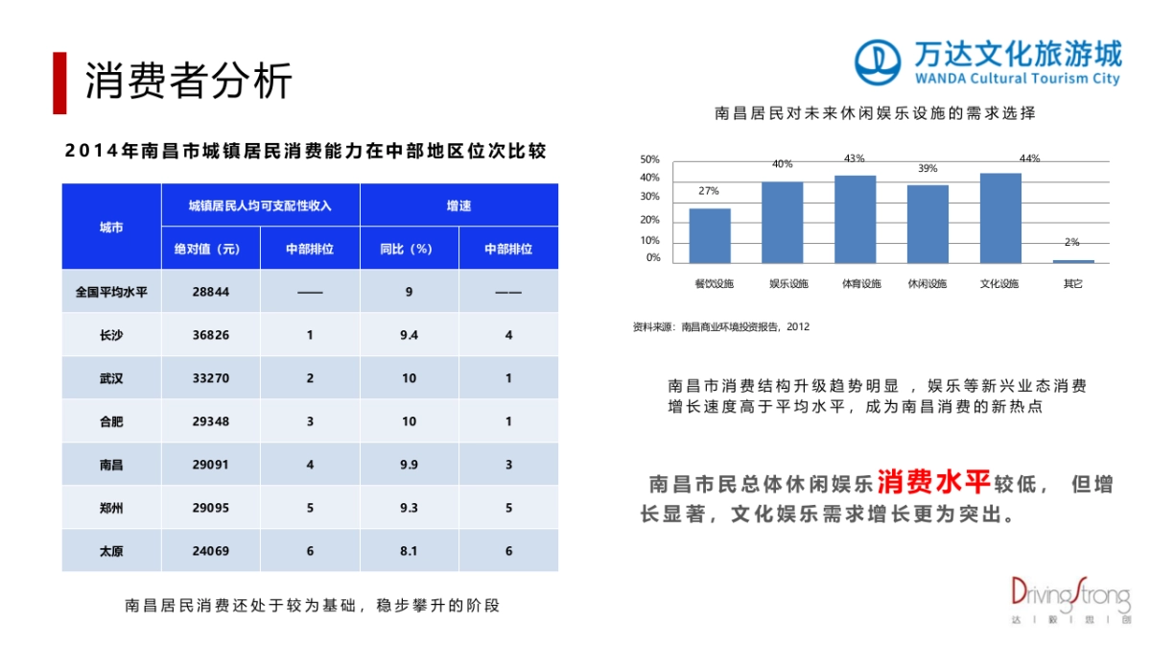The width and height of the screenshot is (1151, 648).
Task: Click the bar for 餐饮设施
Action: (710, 235)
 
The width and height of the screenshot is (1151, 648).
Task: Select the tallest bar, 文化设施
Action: (1000, 218)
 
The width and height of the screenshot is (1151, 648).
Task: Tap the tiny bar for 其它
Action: (1072, 261)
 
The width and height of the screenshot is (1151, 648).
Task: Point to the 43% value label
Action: (855, 158)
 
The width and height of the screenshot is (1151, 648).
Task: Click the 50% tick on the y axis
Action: (650, 159)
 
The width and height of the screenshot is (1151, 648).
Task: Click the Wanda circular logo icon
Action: (879, 63)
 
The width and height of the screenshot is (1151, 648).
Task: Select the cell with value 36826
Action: (210, 335)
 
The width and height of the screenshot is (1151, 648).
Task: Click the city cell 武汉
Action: (111, 378)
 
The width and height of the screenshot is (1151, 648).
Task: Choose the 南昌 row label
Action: (111, 465)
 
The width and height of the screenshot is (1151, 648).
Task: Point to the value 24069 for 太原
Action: (210, 551)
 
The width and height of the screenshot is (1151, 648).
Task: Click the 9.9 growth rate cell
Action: (409, 465)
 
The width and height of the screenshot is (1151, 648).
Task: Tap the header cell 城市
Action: (111, 228)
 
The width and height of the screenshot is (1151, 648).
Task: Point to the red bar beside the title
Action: (59, 83)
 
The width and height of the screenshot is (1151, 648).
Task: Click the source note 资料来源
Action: (720, 326)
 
